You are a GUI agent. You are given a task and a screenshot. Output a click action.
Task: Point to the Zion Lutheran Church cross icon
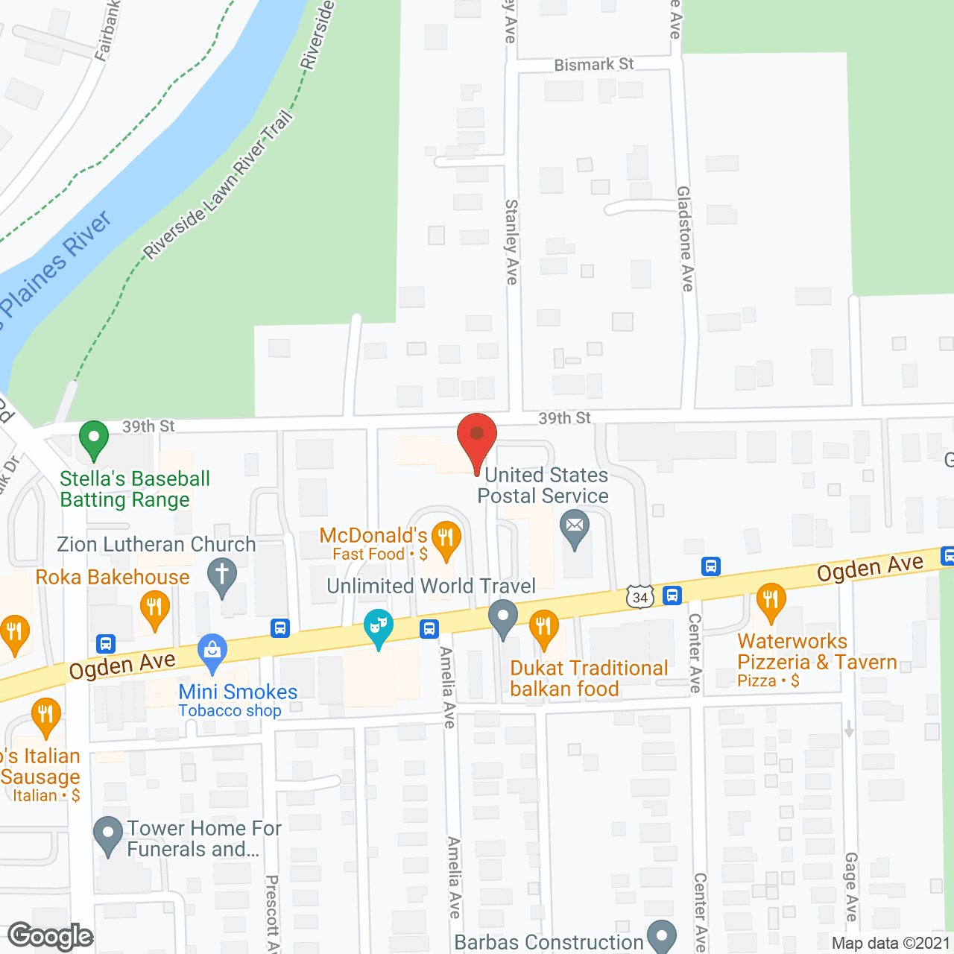[221, 577]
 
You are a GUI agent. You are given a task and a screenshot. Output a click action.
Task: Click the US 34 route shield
[639, 597]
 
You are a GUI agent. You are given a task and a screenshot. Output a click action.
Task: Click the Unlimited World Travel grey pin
[503, 618]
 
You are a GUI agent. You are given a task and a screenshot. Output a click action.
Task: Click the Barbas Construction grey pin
[661, 936]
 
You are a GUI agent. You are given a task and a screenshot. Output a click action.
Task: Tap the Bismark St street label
[593, 65]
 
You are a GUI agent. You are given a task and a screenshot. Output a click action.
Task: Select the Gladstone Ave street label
[686, 238]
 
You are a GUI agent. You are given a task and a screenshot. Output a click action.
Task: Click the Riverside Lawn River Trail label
[218, 186]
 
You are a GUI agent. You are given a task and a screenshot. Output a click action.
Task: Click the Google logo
[51, 936]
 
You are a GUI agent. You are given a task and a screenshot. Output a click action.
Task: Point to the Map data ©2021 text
[890, 943]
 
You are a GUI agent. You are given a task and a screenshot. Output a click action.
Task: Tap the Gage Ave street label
[850, 887]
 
